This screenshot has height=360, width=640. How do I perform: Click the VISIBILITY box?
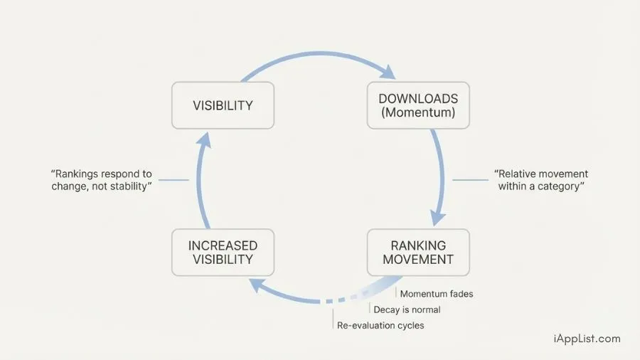pos(223,105)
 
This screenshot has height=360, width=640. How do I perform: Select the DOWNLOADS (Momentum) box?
pos(418,105)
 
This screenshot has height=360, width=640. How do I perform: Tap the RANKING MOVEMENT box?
pos(418,252)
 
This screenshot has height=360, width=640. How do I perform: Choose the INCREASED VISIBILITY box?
pos(223,252)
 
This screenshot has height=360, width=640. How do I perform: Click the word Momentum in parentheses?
pos(418,113)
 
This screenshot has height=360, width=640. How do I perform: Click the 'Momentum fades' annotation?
pos(436,294)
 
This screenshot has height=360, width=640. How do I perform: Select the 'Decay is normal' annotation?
pos(407,309)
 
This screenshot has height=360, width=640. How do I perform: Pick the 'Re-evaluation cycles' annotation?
pos(380,325)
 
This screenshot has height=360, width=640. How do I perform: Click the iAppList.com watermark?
pos(587,339)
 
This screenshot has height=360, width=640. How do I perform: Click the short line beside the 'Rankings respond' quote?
pos(174,180)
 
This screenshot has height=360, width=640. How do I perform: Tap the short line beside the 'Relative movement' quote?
pos(470,180)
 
